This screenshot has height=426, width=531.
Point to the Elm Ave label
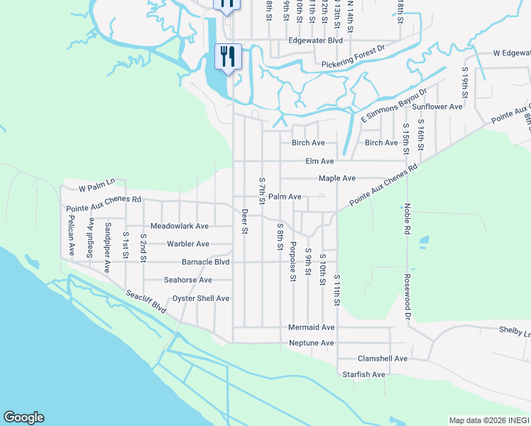pyautogui.click(x=319, y=161)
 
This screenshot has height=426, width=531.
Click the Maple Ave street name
pyautogui.click(x=336, y=178)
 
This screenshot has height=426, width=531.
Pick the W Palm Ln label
pyautogui.click(x=97, y=185)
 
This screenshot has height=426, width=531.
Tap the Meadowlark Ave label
pyautogui.click(x=179, y=226)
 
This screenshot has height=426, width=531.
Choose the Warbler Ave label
pyautogui.click(x=187, y=244)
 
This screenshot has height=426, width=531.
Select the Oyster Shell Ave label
pyautogui.click(x=201, y=298)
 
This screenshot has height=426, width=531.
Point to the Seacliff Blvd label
pyautogui.click(x=146, y=302)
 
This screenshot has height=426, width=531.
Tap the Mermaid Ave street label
pyautogui.click(x=311, y=327)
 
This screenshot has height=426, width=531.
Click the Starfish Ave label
pyautogui.click(x=363, y=374)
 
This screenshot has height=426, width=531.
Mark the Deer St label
pyautogui.click(x=244, y=221)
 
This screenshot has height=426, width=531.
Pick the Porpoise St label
pyautogui.click(x=292, y=261)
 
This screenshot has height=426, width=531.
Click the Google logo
pyautogui.click(x=23, y=417)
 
